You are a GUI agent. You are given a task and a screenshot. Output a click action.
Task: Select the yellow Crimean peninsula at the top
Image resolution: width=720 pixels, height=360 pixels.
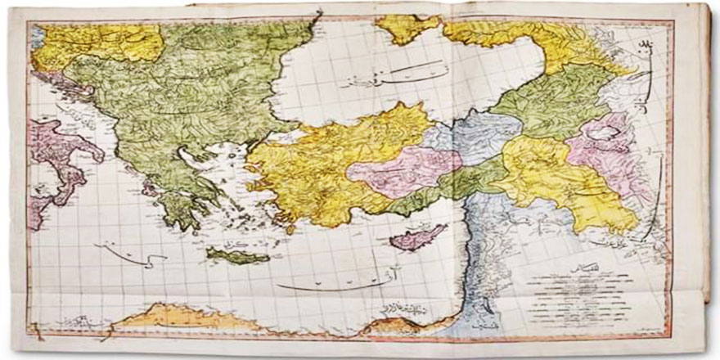click(x=409, y=29)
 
